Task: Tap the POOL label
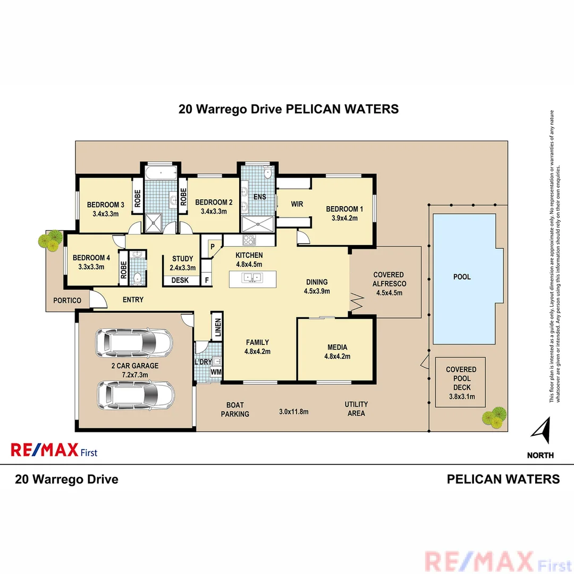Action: [x=461, y=277]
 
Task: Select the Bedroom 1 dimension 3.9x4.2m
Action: [x=341, y=218]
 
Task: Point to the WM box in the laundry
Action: [x=216, y=373]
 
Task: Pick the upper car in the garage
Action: [x=133, y=344]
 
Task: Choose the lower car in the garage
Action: [x=136, y=394]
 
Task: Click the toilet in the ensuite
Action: [x=267, y=173]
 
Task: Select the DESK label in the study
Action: [x=180, y=281]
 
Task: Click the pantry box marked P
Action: [x=212, y=247]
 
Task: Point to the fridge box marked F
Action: [x=207, y=280]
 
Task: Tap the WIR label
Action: [x=297, y=204]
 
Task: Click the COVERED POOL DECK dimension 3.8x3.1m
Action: [x=461, y=396]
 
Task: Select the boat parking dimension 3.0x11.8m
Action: [x=294, y=411]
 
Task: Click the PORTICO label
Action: [x=67, y=300]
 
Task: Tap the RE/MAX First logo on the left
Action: [x=54, y=451]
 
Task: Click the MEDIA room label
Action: [x=337, y=348]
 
